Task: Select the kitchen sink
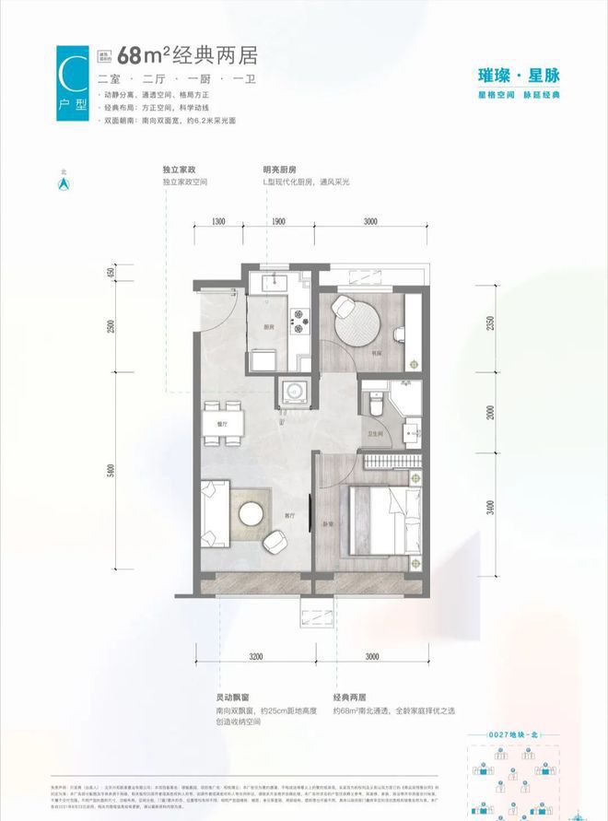(x=275, y=284)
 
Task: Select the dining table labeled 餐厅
(x=223, y=423)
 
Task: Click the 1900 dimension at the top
(x=279, y=222)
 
